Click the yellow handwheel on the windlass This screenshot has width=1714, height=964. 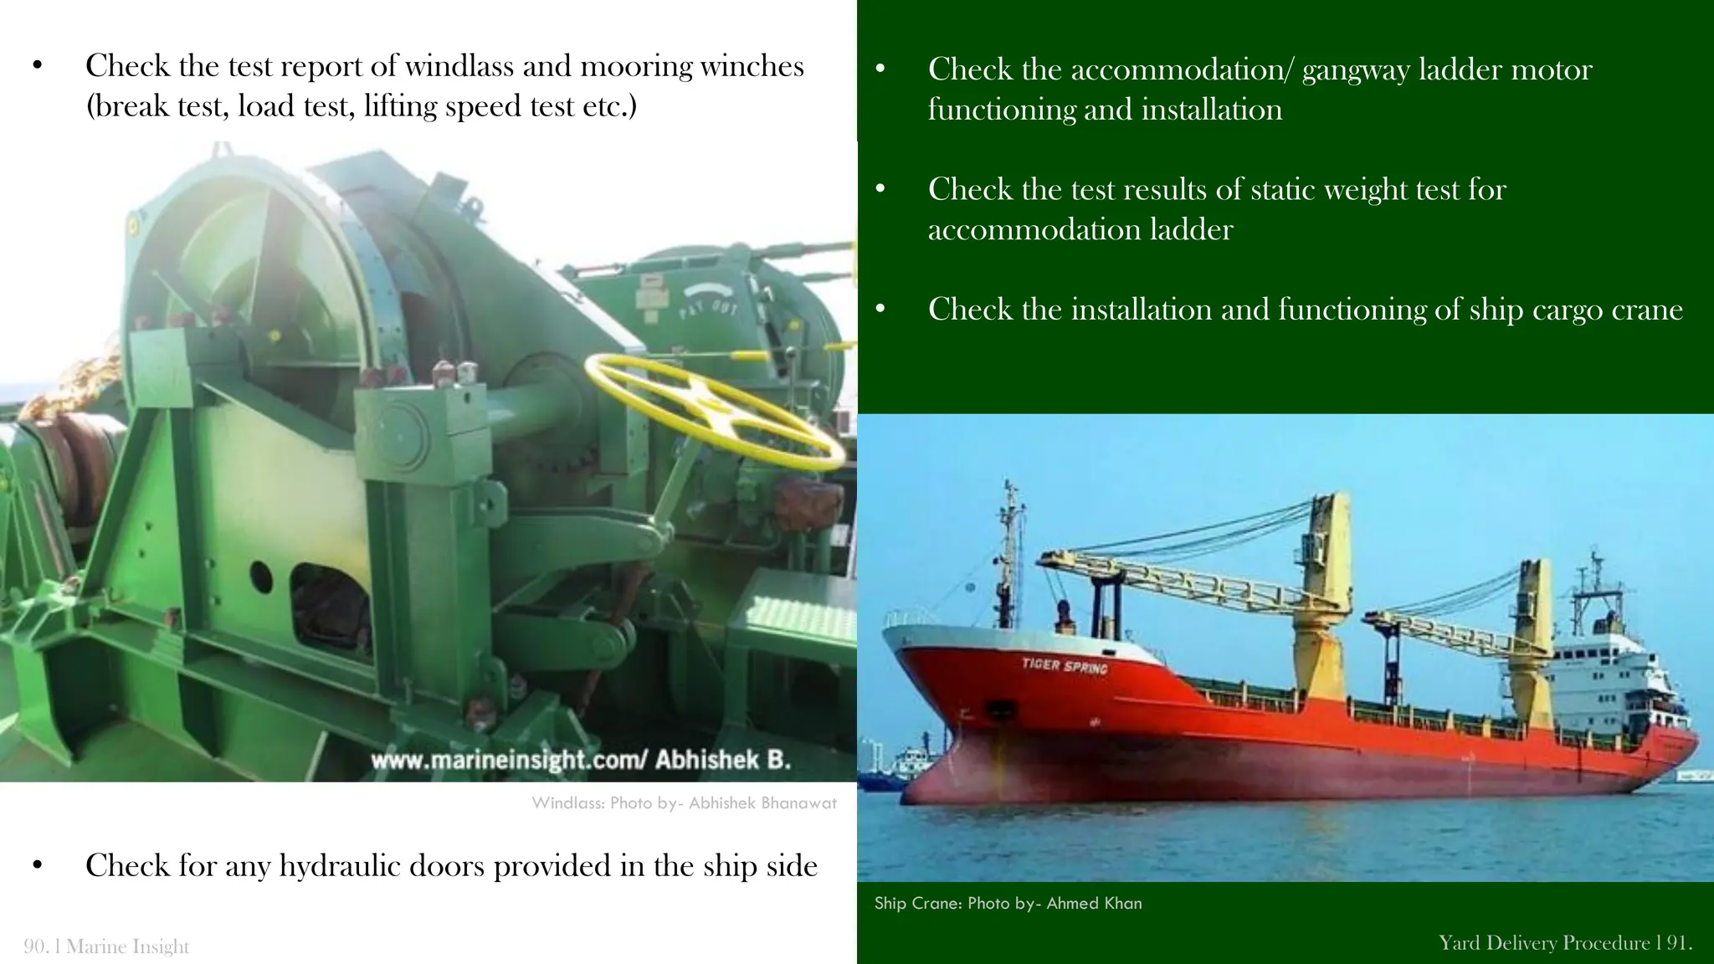point(716,409)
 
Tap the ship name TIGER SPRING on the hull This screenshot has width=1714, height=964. point(1064,666)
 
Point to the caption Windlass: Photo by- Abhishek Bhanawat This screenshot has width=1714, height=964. point(684,803)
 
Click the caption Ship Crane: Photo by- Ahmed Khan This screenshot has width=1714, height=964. point(1008,904)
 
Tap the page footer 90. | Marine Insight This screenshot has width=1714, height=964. point(106,946)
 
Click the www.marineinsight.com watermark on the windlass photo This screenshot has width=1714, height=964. point(580,760)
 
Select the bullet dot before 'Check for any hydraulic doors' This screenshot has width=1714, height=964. point(37,866)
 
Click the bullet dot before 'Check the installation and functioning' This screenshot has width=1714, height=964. point(880,310)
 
